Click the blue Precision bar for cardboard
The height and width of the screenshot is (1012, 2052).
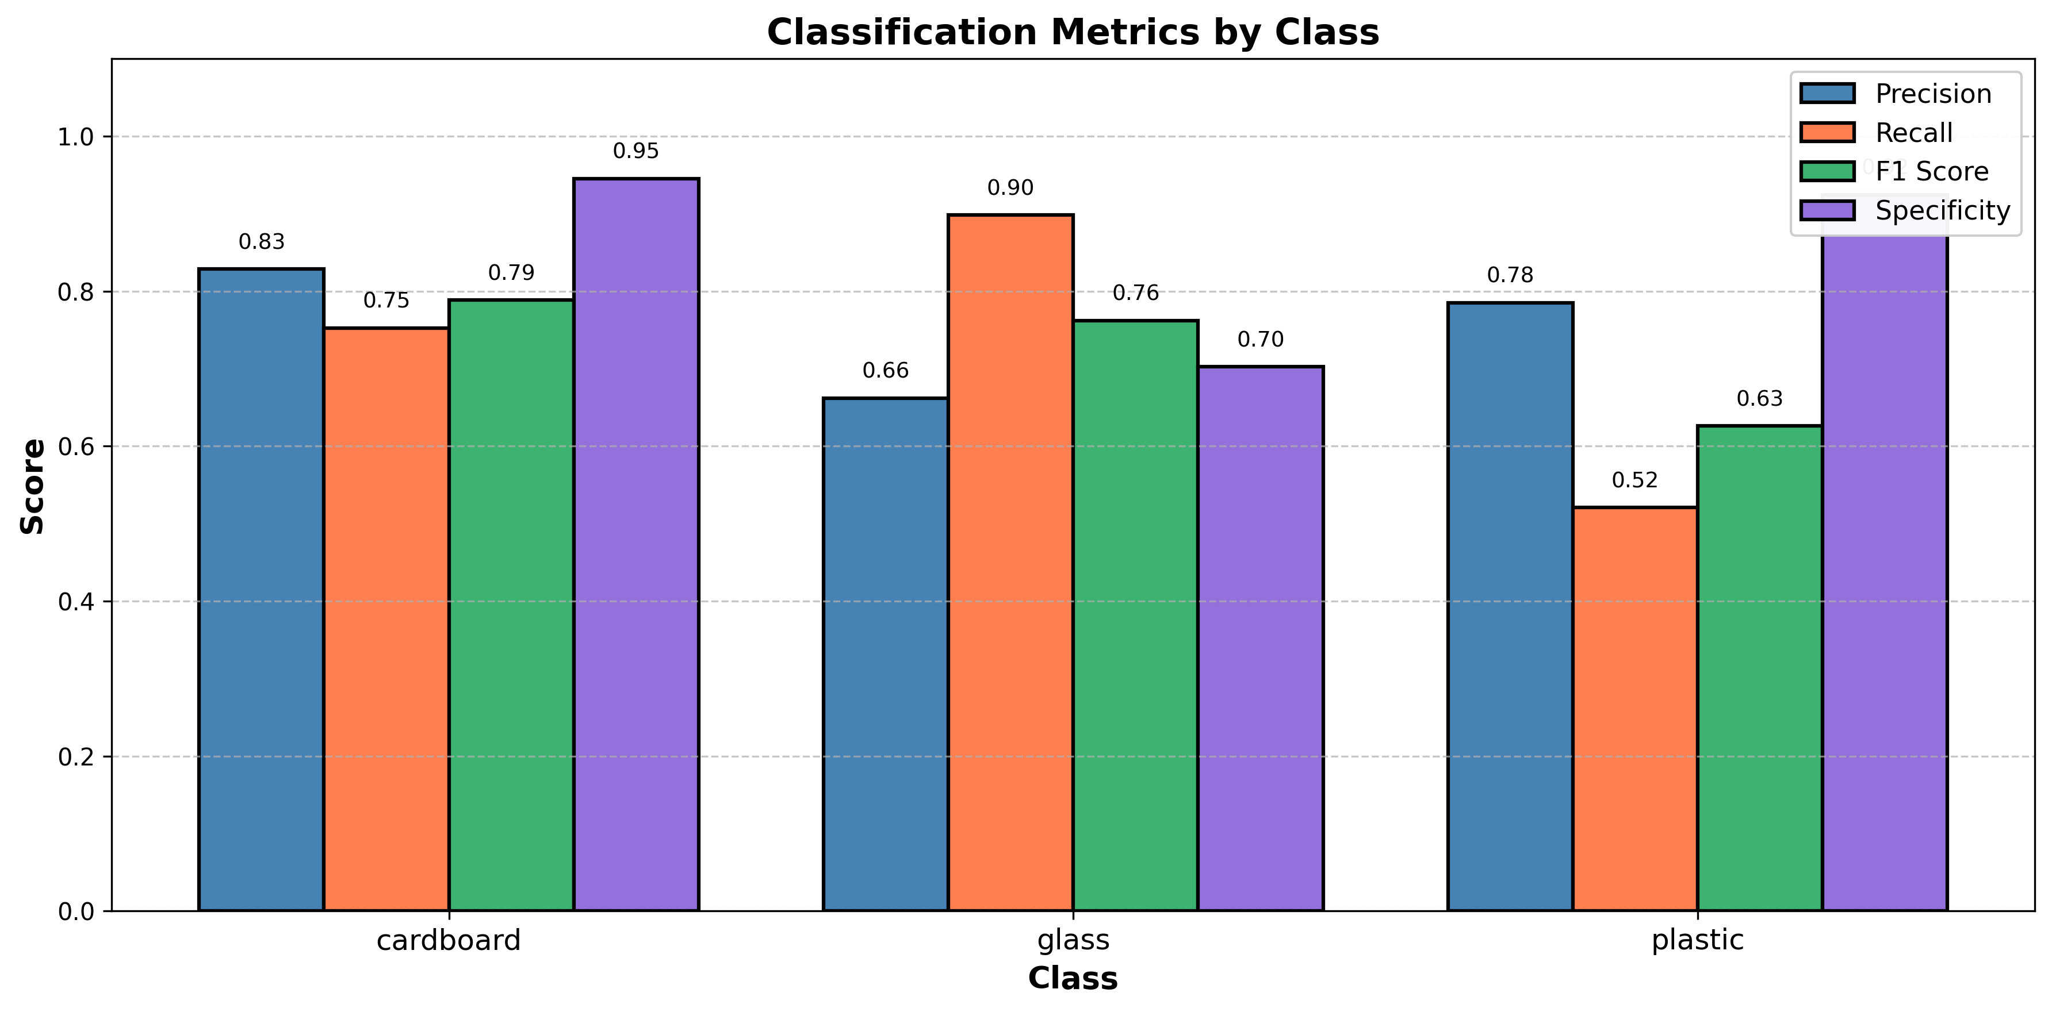click(261, 589)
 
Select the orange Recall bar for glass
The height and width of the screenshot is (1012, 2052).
click(1010, 562)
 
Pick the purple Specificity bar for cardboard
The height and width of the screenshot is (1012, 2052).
click(635, 545)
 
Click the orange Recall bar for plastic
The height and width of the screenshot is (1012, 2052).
click(1634, 709)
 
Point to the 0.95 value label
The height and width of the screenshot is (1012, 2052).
click(635, 151)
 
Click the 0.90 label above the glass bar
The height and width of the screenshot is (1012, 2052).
click(1010, 188)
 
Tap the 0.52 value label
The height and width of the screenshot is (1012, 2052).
click(1634, 480)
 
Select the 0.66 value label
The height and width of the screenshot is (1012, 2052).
click(885, 370)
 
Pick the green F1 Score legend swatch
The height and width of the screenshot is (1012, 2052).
click(1827, 171)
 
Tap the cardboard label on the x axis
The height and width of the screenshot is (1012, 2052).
click(449, 940)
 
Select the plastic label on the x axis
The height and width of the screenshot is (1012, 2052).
click(1698, 940)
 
